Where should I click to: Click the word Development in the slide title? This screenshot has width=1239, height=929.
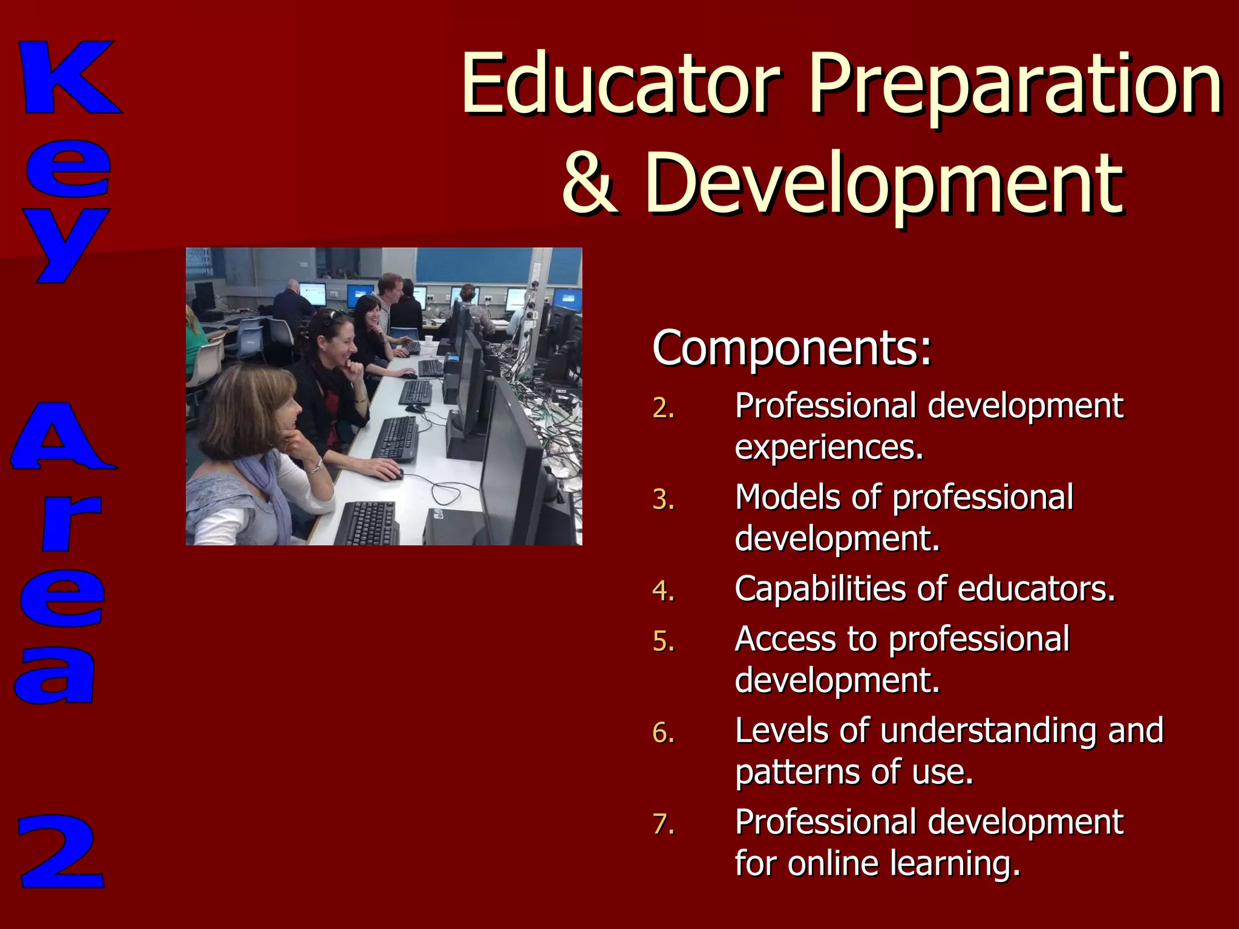pos(883,184)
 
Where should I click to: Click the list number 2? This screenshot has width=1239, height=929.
pos(662,408)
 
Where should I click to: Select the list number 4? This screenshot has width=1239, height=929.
pos(662,591)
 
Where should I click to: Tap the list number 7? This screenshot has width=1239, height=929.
pos(662,824)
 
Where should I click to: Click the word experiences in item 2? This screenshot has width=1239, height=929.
pos(828,448)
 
